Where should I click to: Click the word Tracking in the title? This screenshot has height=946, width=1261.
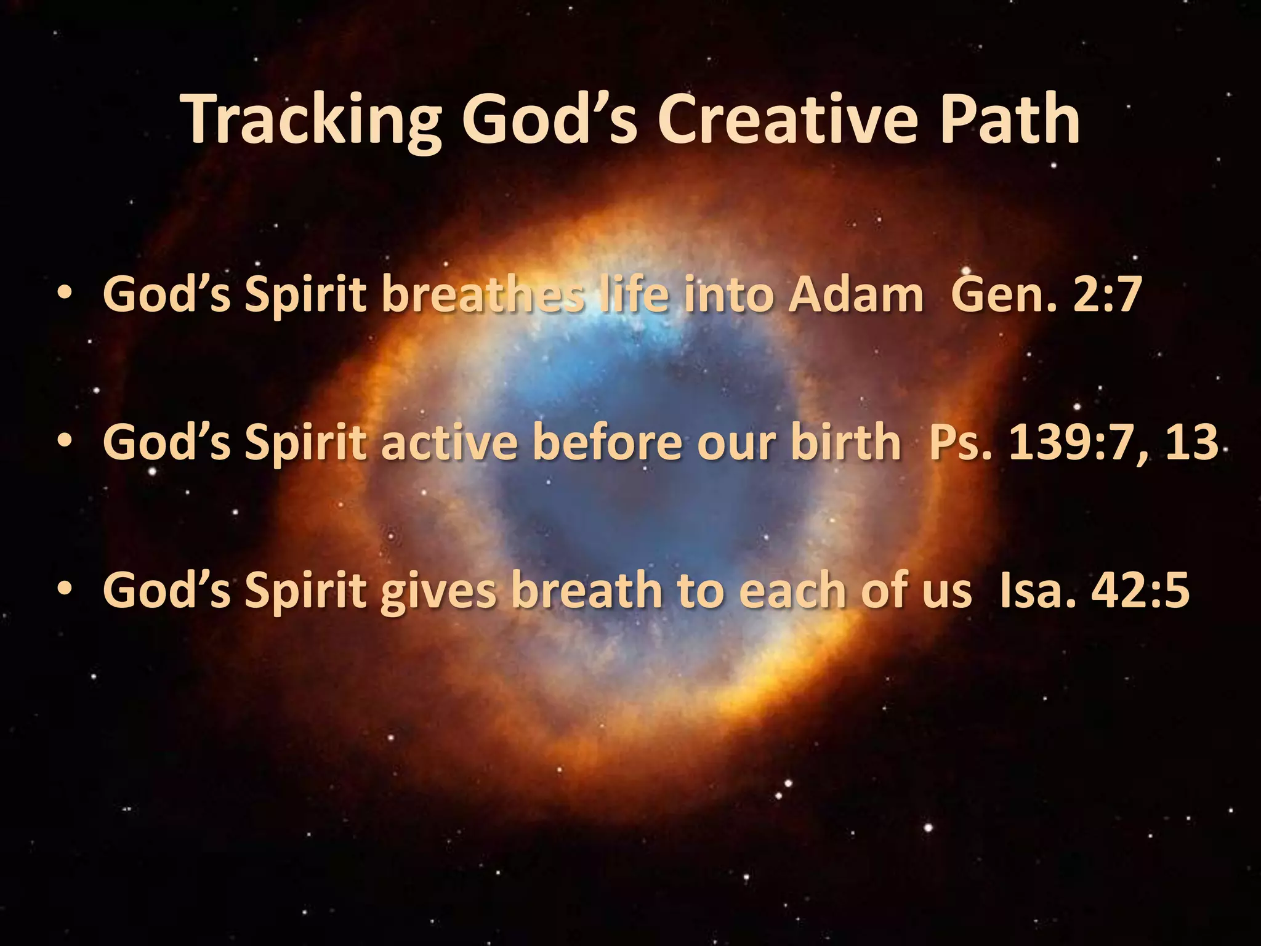click(312, 121)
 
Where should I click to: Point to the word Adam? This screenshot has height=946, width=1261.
click(856, 294)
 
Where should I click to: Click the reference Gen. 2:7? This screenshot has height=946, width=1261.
click(1046, 294)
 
